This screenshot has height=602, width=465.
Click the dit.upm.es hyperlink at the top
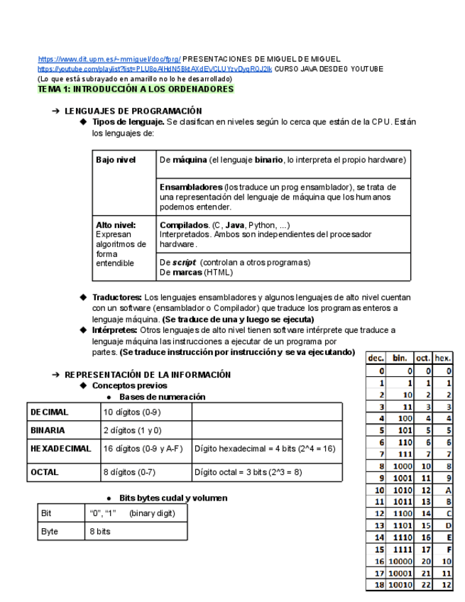click(109, 59)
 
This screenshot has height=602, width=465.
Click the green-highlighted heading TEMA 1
click(136, 90)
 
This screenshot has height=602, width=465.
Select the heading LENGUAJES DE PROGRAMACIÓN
click(133, 111)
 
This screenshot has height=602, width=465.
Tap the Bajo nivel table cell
click(116, 160)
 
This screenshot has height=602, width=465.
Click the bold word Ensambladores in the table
click(191, 187)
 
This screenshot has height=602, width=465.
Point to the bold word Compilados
click(184, 225)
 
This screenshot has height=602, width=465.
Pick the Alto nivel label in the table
click(115, 225)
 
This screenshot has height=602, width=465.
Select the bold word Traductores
click(116, 297)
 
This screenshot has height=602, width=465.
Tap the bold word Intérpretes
click(115, 330)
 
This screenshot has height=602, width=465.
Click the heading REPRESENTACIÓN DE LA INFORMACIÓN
click(148, 375)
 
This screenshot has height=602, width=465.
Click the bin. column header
click(400, 359)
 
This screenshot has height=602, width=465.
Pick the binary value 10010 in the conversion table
click(400, 585)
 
